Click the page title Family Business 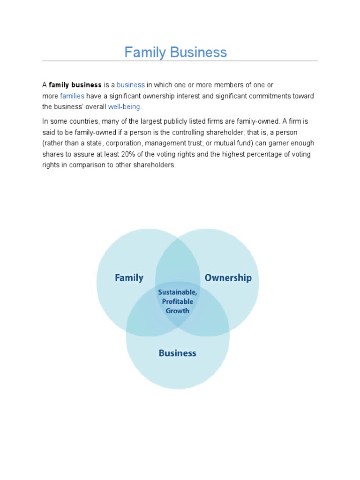[x=175, y=52]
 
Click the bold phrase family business [x=75, y=85]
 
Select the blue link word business [x=131, y=85]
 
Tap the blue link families [x=72, y=96]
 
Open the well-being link [x=124, y=106]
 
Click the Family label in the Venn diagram [x=129, y=278]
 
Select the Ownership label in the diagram [x=228, y=278]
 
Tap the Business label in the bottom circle [x=177, y=353]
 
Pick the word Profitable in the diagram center [x=177, y=301]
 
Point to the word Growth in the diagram [x=177, y=310]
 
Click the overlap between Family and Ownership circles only [x=177, y=260]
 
